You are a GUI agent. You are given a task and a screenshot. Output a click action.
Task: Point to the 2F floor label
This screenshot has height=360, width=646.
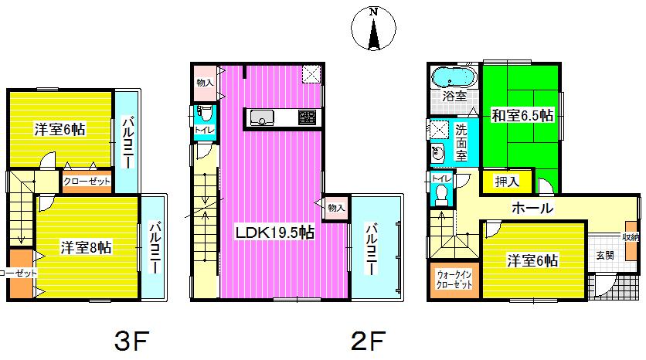click(x=365, y=339)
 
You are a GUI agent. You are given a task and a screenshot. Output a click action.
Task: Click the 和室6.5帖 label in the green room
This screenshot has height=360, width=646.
click(x=522, y=116)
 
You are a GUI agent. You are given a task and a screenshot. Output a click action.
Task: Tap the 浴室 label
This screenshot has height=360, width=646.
click(x=454, y=97)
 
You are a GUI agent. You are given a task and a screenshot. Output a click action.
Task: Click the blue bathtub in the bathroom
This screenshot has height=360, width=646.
click(x=454, y=77)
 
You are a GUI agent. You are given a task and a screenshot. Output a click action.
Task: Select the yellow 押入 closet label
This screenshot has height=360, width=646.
click(x=506, y=182)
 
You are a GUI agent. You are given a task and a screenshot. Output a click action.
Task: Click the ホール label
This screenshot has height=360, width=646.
click(x=531, y=208)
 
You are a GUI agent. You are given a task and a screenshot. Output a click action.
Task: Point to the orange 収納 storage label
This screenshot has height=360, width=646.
click(x=631, y=237)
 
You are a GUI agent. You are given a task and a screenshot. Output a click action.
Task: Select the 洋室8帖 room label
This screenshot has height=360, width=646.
click(x=85, y=247)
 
